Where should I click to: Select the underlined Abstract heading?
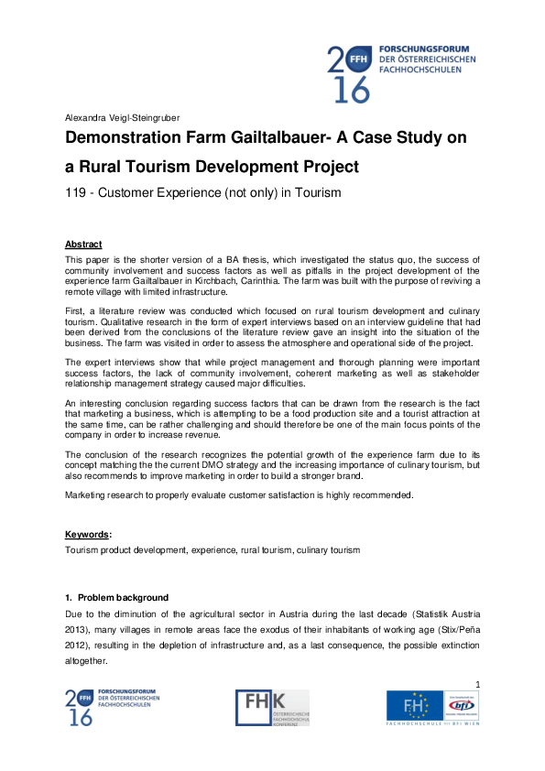pyautogui.click(x=83, y=244)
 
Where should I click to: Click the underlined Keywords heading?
pyautogui.click(x=88, y=534)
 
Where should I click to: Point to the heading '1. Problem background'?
pyautogui.click(x=116, y=598)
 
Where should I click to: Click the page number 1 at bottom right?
pyautogui.click(x=479, y=685)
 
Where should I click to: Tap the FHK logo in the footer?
pyautogui.click(x=272, y=709)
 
